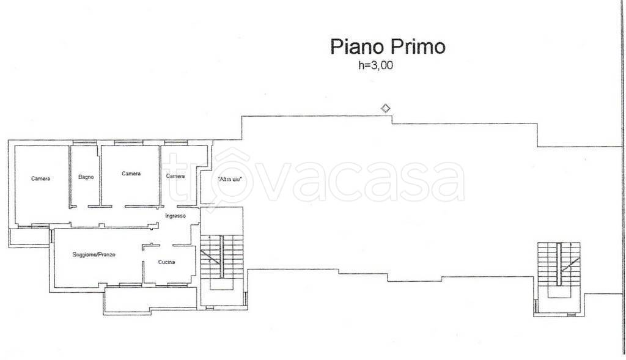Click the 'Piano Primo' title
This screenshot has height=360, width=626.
(388, 47)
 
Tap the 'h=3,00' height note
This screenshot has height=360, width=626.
(375, 65)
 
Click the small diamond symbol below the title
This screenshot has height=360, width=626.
(385, 108)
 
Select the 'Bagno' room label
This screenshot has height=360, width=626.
(86, 177)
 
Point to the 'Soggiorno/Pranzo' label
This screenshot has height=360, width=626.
(94, 255)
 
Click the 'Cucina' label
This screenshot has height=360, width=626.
(166, 262)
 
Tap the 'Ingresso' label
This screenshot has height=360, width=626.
(175, 216)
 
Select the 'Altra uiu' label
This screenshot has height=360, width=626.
(230, 180)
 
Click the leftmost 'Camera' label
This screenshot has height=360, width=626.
(41, 178)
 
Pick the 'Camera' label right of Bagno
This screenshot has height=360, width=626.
(131, 174)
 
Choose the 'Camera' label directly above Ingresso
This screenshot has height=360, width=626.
(175, 176)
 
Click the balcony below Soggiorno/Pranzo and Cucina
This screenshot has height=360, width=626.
(150, 300)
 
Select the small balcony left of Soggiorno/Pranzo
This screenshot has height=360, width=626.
(29, 238)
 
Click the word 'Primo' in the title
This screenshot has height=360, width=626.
(418, 47)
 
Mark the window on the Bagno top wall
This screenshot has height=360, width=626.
(84, 142)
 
